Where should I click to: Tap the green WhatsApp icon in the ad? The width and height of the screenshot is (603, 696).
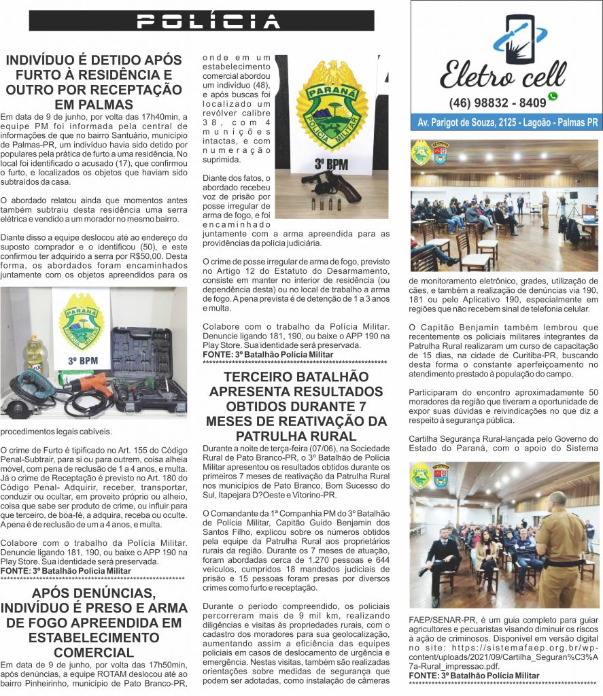point(553,97)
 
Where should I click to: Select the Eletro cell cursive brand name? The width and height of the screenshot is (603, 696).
point(502,74)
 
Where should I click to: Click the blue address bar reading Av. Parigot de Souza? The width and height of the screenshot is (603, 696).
point(504,123)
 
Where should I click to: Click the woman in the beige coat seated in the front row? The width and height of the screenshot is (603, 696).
point(486,558)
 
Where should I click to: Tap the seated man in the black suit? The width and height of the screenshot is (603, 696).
point(442,557)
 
